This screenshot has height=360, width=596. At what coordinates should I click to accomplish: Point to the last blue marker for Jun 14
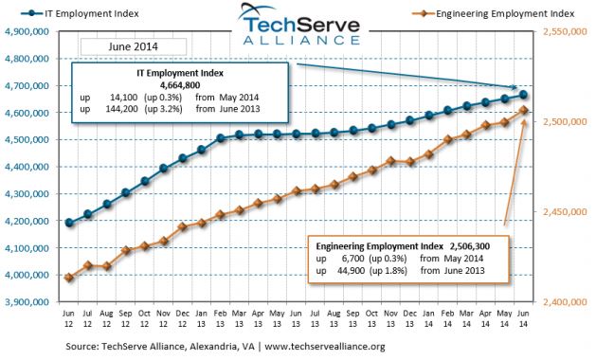[x=524, y=95]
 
